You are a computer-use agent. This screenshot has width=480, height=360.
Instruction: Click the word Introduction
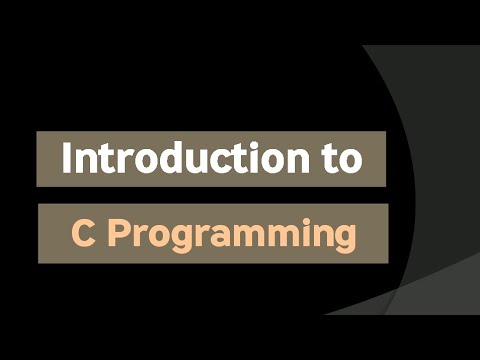pos(186,158)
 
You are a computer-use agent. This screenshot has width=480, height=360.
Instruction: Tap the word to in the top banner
pos(343,159)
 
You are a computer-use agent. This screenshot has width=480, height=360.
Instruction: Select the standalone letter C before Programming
pos(82,233)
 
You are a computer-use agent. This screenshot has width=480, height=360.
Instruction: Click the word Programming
pos(232,236)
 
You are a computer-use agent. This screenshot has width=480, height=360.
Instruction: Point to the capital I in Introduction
pos(66,158)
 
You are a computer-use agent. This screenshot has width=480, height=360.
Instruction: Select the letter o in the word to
pos(350,162)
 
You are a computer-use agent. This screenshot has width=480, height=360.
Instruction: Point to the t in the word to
pos(329,159)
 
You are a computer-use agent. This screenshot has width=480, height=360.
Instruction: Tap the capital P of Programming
pos(119,233)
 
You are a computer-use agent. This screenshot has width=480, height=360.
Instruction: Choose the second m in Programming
pos(282,236)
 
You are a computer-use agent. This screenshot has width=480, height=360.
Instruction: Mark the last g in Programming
pos(345,240)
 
